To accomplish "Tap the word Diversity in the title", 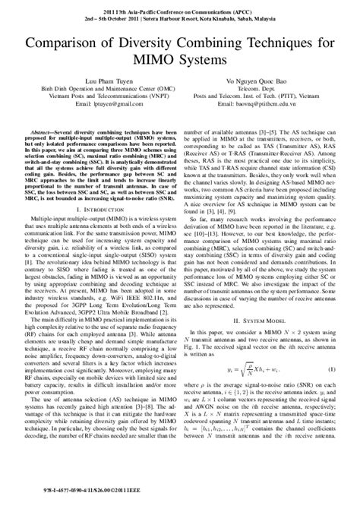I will coord(156,41).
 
